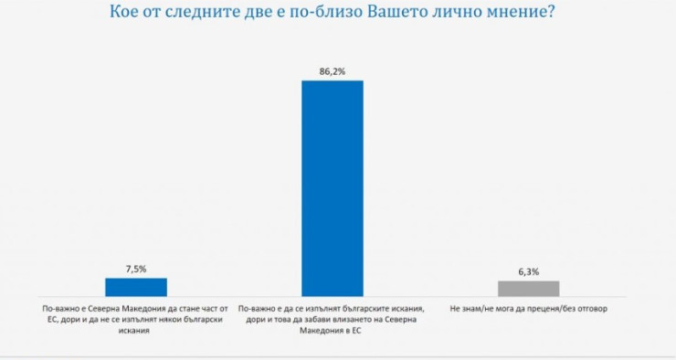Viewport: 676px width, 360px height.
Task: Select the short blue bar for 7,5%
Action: click(x=136, y=287)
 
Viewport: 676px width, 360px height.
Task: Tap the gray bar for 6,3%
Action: click(x=528, y=289)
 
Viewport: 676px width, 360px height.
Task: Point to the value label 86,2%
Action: click(x=333, y=70)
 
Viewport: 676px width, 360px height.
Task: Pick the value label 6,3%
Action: click(x=528, y=271)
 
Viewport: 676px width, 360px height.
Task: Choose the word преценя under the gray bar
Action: click(x=549, y=310)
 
